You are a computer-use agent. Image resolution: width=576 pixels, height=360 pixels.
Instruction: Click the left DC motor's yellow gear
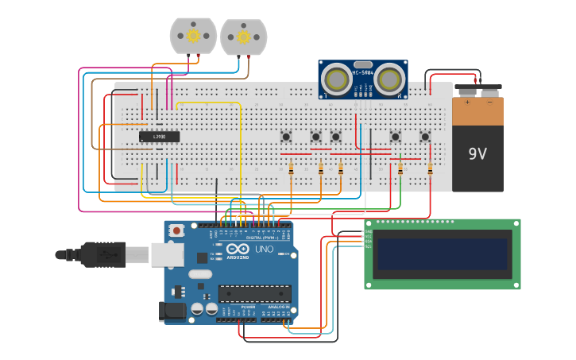pyautogui.click(x=193, y=35)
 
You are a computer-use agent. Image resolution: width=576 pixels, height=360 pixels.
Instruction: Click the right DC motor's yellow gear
pyautogui.click(x=243, y=37)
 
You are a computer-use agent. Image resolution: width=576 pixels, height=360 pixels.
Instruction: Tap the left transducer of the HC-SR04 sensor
pyautogui.click(x=338, y=79)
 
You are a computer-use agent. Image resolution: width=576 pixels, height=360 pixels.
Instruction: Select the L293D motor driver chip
pyautogui.click(x=159, y=137)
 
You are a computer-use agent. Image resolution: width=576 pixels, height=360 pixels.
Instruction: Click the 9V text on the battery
pyautogui.click(x=477, y=153)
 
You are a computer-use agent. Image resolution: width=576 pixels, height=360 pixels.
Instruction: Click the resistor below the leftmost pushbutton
pyautogui.click(x=291, y=168)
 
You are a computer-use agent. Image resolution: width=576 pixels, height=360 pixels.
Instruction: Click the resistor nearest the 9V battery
pyautogui.click(x=430, y=168)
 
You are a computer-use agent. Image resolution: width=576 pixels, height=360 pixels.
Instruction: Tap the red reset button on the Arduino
pyautogui.click(x=176, y=230)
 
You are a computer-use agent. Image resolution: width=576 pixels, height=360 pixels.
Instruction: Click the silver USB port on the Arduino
pyautogui.click(x=168, y=254)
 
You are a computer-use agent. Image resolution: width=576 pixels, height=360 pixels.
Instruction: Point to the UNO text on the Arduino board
pyautogui.click(x=263, y=249)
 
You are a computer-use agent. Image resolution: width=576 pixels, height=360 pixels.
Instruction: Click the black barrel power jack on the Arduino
pyautogui.click(x=172, y=311)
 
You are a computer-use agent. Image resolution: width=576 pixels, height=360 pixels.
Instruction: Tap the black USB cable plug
pyautogui.click(x=102, y=254)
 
